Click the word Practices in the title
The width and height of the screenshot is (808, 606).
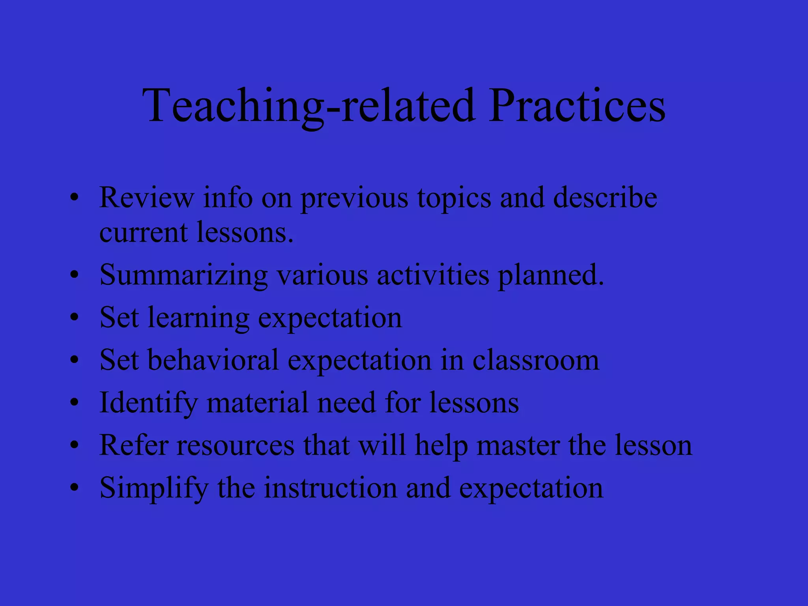577,106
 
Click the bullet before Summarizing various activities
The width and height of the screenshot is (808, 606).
75,275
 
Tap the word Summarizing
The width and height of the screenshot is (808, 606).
183,275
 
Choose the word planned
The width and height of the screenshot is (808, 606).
551,275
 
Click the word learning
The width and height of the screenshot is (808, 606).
198,318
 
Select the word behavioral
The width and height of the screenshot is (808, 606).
213,360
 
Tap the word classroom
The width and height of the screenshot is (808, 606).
536,360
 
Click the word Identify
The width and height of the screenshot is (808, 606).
148,403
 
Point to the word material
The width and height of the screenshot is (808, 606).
257,402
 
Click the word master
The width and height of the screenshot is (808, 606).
518,446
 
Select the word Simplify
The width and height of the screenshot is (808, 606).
154,488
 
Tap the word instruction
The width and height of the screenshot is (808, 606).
330,488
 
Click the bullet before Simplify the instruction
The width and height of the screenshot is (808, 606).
75,488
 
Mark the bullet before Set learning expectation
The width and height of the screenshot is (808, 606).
75,317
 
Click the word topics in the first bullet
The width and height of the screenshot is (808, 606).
454,198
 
